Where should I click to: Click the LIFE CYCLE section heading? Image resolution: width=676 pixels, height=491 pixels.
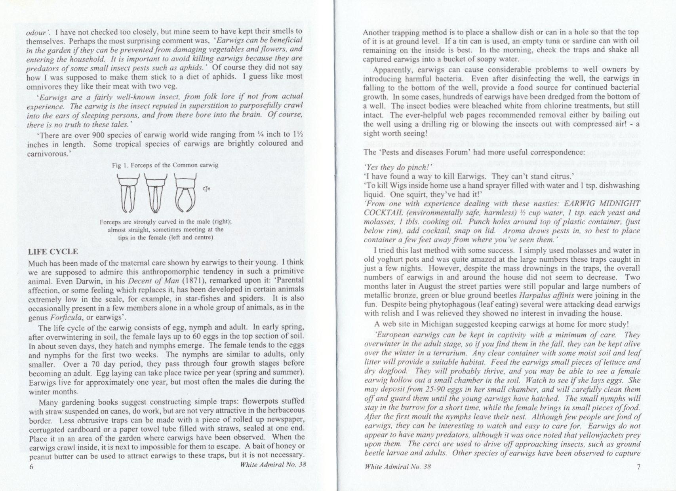point(53,252)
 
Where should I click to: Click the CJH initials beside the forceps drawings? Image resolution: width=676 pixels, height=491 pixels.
point(206,189)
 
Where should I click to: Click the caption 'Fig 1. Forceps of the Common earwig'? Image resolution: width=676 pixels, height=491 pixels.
point(165,165)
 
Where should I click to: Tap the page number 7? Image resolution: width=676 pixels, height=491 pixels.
point(638,466)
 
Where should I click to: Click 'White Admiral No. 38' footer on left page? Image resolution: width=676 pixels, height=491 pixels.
point(273,465)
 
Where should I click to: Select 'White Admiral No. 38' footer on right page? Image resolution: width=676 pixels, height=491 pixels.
point(397,466)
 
